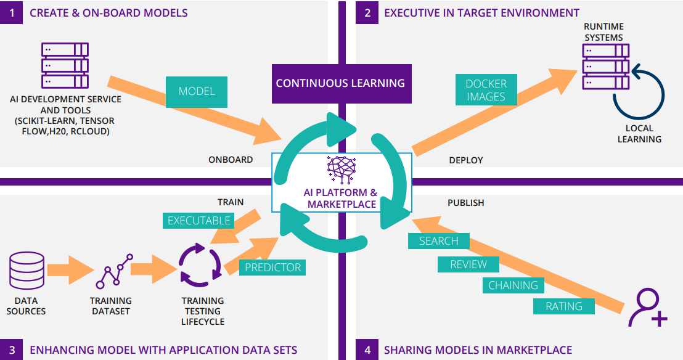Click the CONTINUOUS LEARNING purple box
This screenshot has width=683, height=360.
(x=340, y=83)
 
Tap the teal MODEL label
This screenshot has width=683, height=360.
(x=197, y=91)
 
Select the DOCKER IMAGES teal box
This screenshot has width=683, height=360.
(x=486, y=90)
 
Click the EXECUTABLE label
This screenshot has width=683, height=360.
(x=199, y=220)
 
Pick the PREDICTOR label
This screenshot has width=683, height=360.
(x=272, y=267)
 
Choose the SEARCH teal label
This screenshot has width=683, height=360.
(x=438, y=241)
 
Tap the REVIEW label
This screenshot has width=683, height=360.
(x=468, y=264)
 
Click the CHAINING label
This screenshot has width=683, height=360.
(x=513, y=285)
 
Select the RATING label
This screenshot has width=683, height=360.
(x=563, y=306)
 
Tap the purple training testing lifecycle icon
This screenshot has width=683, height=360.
(x=198, y=266)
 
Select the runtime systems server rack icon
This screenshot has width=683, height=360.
(x=605, y=67)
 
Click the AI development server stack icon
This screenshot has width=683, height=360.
(x=65, y=65)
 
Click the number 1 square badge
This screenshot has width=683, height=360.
(x=11, y=12)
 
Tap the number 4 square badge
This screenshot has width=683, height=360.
(x=367, y=350)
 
